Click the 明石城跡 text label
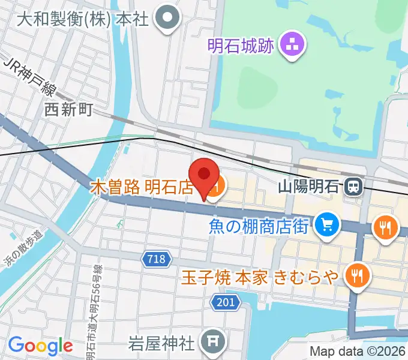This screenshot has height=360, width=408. tap(241, 44)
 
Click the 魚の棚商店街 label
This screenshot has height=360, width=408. tap(259, 226)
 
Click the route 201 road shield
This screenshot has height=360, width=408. tap(226, 302)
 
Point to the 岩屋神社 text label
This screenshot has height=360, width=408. tap(162, 343)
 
